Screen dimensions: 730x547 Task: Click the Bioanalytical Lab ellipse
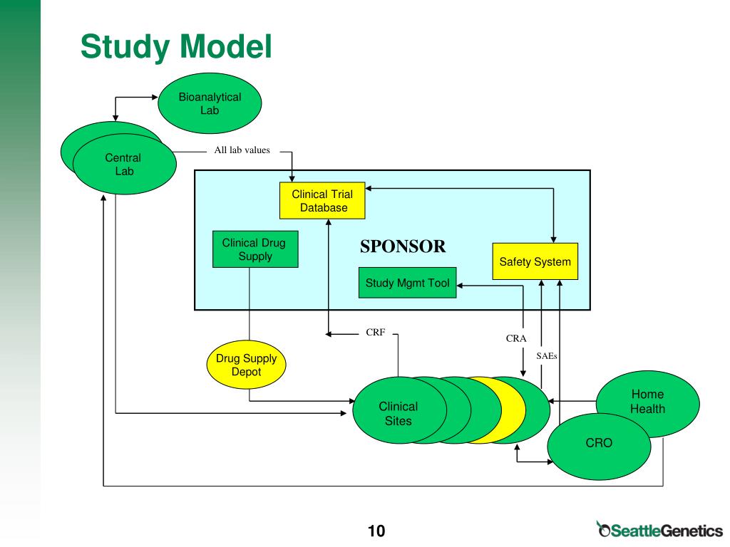[210, 103]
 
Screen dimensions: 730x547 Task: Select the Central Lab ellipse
[125, 165]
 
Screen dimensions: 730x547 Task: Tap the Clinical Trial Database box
[322, 200]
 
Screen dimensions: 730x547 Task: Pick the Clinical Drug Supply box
[255, 249]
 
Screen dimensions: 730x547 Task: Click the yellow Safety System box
[535, 261]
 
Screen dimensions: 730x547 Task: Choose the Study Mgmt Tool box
[407, 283]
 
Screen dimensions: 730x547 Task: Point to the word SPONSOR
[403, 246]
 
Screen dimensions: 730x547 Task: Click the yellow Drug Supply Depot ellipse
[246, 365]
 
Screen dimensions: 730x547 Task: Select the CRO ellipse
[599, 447]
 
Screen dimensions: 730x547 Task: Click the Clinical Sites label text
[398, 414]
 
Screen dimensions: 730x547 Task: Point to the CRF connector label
[375, 332]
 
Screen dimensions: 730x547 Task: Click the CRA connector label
[516, 338]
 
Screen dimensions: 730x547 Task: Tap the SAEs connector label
[547, 356]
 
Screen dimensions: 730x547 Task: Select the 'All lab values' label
[242, 150]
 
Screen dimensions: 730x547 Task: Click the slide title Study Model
[176, 46]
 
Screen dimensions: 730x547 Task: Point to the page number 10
[376, 531]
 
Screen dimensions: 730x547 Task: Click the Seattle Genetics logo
[659, 529]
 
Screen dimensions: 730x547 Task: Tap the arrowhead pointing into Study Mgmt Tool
[460, 285]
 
